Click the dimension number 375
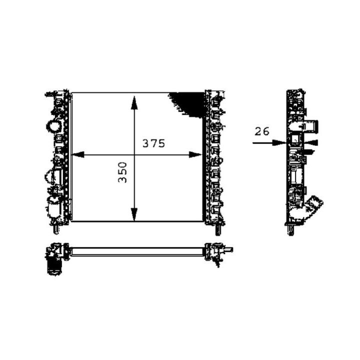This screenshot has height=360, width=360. (x=153, y=143)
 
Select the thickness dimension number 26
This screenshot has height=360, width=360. (x=262, y=132)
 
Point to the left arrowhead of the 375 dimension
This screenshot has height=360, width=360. (x=77, y=155)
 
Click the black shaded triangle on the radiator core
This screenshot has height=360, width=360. (x=189, y=102)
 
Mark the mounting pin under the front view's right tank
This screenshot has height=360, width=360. (x=218, y=230)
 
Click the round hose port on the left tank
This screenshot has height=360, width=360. (x=52, y=125)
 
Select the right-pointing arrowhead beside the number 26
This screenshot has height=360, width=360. (x=280, y=142)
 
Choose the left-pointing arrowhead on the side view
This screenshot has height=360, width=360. (x=311, y=143)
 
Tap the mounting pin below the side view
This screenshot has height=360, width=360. (x=290, y=231)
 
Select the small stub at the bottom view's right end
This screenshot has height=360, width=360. (x=228, y=249)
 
